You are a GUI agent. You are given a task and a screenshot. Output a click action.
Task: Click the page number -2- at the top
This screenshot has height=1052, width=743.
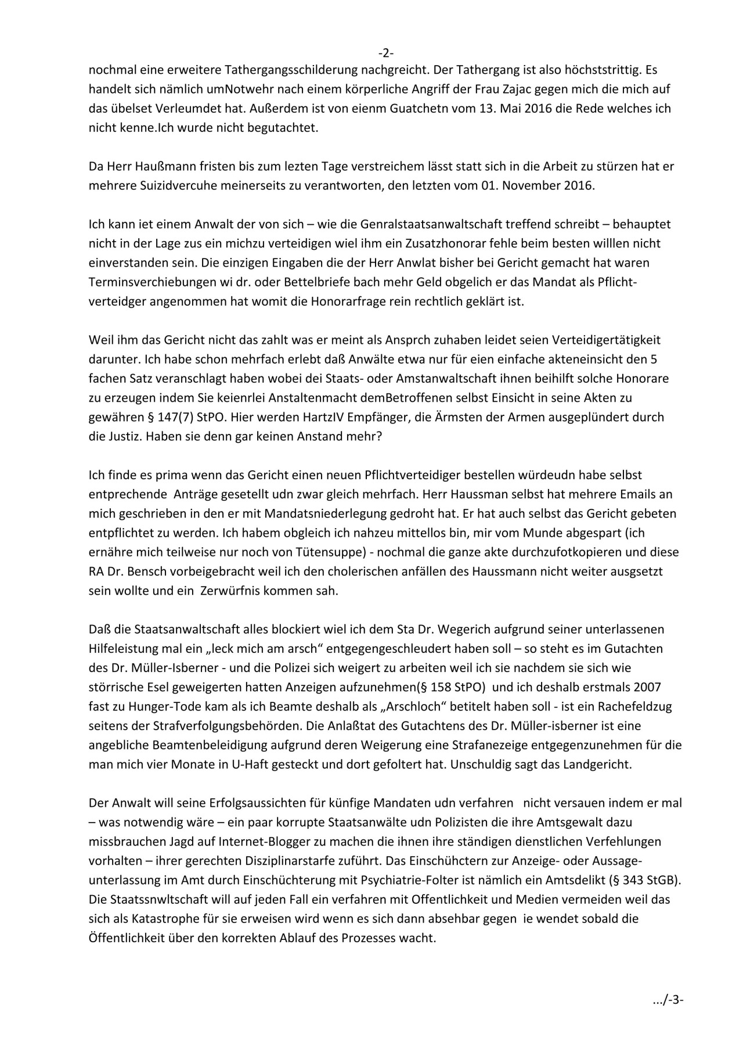coord(386,53)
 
